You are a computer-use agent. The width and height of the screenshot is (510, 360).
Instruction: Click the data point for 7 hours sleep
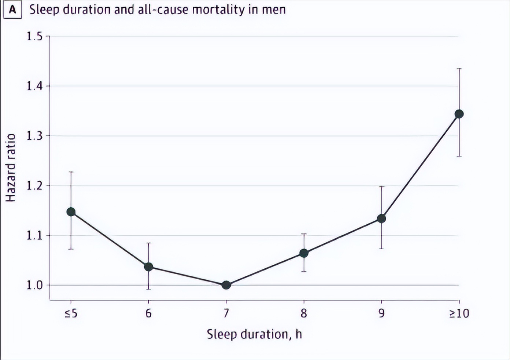pyautogui.click(x=226, y=285)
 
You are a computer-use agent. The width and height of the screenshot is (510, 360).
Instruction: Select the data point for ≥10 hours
pyautogui.click(x=459, y=114)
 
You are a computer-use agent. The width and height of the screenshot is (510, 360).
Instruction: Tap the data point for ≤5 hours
pyautogui.click(x=71, y=212)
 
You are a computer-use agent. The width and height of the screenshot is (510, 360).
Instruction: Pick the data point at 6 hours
pyautogui.click(x=148, y=267)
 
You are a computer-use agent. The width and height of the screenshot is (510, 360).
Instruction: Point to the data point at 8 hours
pyautogui.click(x=304, y=253)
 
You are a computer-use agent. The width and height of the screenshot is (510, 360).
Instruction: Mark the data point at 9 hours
pyautogui.click(x=381, y=218)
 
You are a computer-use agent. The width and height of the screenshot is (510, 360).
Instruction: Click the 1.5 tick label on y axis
pyautogui.click(x=34, y=36)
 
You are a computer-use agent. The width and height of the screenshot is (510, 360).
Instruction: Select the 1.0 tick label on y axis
pyautogui.click(x=34, y=285)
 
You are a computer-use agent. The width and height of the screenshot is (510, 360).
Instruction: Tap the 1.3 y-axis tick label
pyautogui.click(x=34, y=136)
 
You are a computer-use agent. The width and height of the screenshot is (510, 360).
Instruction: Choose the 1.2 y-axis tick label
pyautogui.click(x=34, y=185)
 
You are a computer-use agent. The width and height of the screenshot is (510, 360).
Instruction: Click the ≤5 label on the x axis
pyautogui.click(x=71, y=313)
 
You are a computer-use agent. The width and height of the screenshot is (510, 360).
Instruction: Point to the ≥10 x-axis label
pyautogui.click(x=459, y=313)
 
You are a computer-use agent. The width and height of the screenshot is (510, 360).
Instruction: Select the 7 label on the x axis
pyautogui.click(x=226, y=313)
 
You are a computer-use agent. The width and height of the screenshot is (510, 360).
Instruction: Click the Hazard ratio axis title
pyautogui.click(x=11, y=168)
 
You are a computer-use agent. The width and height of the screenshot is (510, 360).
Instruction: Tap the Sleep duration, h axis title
pyautogui.click(x=254, y=334)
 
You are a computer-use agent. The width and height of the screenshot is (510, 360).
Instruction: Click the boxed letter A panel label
pyautogui.click(x=12, y=10)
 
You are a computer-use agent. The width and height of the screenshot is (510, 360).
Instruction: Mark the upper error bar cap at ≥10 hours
pyautogui.click(x=459, y=69)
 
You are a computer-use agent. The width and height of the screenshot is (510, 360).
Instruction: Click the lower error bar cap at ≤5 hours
pyautogui.click(x=71, y=249)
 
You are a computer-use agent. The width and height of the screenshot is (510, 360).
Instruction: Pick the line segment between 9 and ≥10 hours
pyautogui.click(x=420, y=166)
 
